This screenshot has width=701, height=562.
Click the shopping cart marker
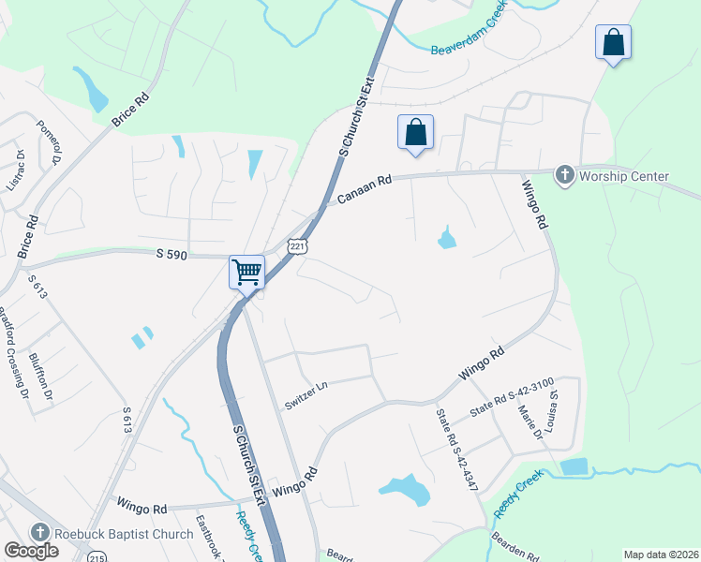pos(247,273)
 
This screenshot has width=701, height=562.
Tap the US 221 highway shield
pos(297,246)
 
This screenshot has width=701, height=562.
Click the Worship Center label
pos(624,176)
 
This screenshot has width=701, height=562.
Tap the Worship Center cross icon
pos(564,175)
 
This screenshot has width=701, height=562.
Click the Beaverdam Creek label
pos(470,37)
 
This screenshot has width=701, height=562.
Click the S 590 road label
pos(173,253)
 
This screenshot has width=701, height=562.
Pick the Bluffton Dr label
pos(40,375)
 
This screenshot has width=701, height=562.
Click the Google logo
pos(31,551)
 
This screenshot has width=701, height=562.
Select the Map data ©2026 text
pos(660,555)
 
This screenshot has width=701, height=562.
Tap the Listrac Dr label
pos(15,170)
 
